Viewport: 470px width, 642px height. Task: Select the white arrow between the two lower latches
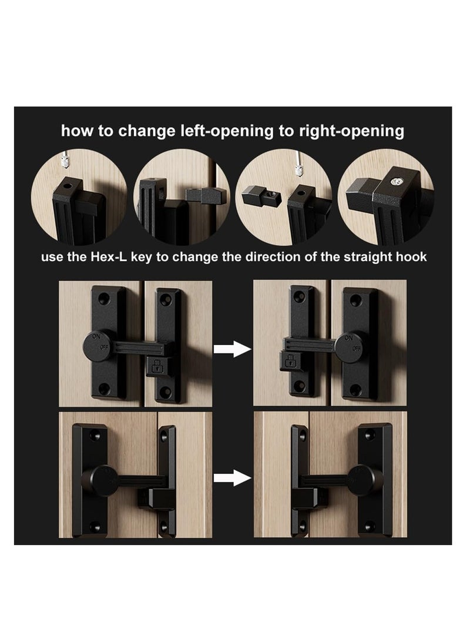(x=232, y=478)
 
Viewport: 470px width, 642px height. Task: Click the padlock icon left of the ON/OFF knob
(x=290, y=362)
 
